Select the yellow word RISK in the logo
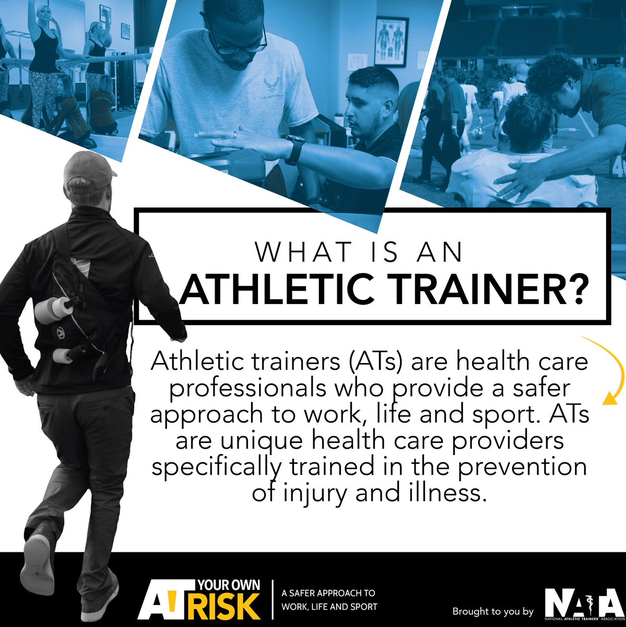(x=230, y=607)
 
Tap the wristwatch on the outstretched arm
(x=296, y=149)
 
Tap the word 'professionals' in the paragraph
(x=237, y=388)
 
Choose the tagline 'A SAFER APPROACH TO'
(x=328, y=594)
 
